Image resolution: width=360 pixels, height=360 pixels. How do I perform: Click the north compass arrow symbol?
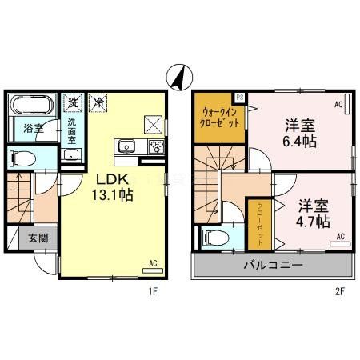179,77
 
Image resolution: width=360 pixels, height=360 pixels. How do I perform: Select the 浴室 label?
32,127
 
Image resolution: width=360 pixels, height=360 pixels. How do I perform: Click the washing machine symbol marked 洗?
73,102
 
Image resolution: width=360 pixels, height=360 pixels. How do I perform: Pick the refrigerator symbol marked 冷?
98,102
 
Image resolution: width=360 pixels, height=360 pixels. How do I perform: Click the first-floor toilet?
26,158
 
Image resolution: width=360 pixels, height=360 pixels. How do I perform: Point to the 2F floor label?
340,291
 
